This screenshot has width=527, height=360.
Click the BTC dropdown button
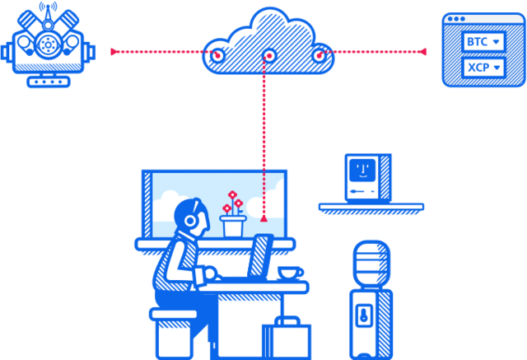[x=483, y=41]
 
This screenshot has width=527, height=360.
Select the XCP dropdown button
[x=483, y=67]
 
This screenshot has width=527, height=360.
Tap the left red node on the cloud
[x=217, y=55]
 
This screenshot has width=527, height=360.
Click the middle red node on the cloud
[x=268, y=56]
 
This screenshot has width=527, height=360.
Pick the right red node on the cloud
[x=319, y=55]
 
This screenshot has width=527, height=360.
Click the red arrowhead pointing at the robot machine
[x=113, y=52]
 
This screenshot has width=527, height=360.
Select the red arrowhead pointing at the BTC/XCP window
[x=424, y=52]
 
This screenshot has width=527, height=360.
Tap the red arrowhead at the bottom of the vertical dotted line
[x=263, y=219]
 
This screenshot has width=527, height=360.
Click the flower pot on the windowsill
[x=233, y=226]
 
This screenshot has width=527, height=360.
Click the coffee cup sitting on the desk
[x=289, y=272]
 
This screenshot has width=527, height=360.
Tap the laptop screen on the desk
[x=262, y=256]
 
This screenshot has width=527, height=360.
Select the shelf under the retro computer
[x=371, y=207]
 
